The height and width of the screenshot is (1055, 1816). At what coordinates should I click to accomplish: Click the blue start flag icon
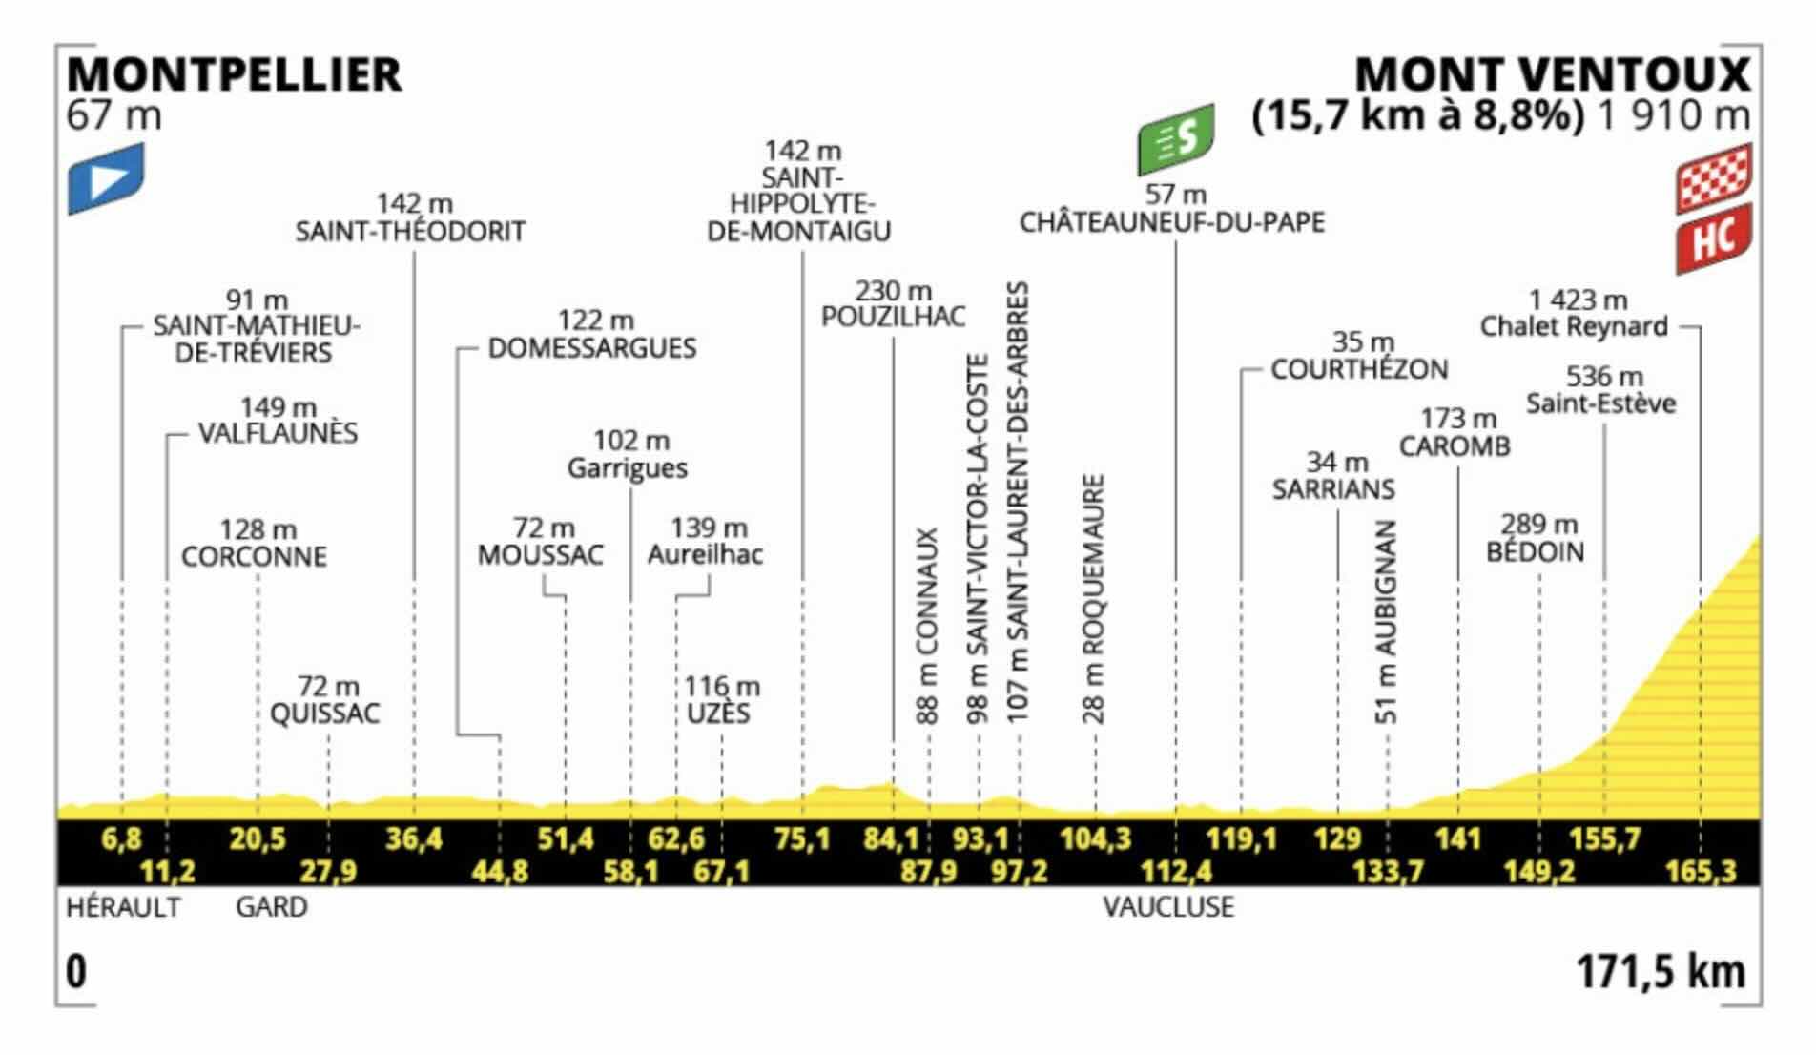(106, 178)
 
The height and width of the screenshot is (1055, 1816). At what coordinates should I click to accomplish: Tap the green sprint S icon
(1176, 139)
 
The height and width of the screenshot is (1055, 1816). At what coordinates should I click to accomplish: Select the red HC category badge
(1714, 239)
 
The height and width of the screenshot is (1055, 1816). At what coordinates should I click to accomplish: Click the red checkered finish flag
(1714, 177)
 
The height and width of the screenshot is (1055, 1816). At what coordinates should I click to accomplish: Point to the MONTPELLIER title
(235, 75)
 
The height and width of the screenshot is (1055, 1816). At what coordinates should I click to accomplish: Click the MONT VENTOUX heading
(1553, 75)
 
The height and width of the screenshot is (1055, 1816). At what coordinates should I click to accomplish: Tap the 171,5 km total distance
(1661, 972)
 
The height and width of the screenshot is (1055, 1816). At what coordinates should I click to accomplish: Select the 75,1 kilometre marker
(802, 839)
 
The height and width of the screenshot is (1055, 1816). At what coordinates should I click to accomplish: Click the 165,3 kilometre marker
(1701, 871)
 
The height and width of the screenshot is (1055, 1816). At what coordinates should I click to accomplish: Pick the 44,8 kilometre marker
(500, 871)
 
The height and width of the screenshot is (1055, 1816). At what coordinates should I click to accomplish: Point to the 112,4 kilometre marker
(1175, 871)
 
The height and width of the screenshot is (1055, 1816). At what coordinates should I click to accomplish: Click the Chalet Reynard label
(1574, 326)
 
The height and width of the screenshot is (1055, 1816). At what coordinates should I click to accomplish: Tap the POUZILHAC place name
(894, 317)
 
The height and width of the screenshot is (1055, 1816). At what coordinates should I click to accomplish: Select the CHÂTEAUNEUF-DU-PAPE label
(1172, 222)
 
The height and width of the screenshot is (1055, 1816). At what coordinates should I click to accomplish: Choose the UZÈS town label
(718, 714)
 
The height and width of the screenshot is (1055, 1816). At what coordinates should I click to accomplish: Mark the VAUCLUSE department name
(1168, 906)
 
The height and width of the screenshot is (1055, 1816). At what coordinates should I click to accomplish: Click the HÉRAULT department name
(123, 906)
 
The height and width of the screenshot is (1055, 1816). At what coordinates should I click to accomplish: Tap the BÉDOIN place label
(1536, 551)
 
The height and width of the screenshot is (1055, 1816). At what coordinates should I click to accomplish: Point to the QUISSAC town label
(324, 714)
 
